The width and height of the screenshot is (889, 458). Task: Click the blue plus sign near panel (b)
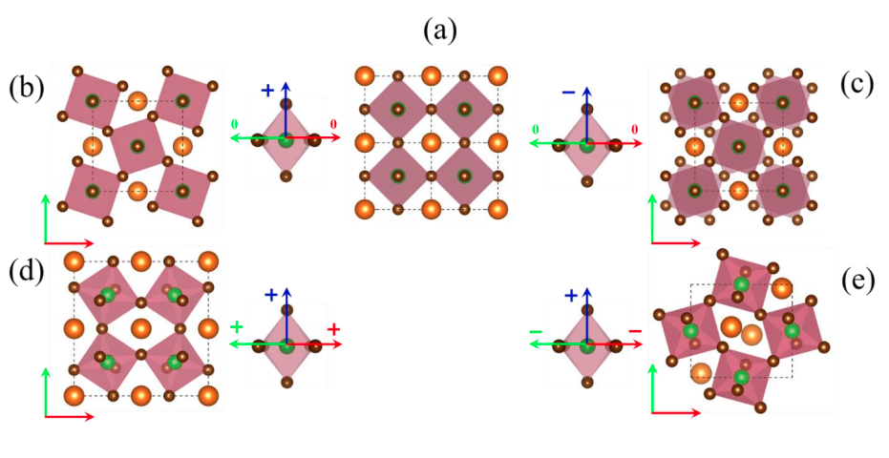[x=267, y=91]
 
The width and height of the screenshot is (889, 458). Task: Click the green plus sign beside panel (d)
[x=236, y=328]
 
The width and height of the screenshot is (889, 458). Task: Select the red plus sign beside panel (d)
[x=334, y=329]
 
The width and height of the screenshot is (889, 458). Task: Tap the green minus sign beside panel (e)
[x=536, y=331]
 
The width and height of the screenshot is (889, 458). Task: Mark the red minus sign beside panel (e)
[x=635, y=331]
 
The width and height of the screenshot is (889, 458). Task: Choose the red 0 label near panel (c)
[x=635, y=127]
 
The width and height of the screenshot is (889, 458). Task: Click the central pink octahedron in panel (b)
[x=138, y=147]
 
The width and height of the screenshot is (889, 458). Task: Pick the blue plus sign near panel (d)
[x=270, y=295]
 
